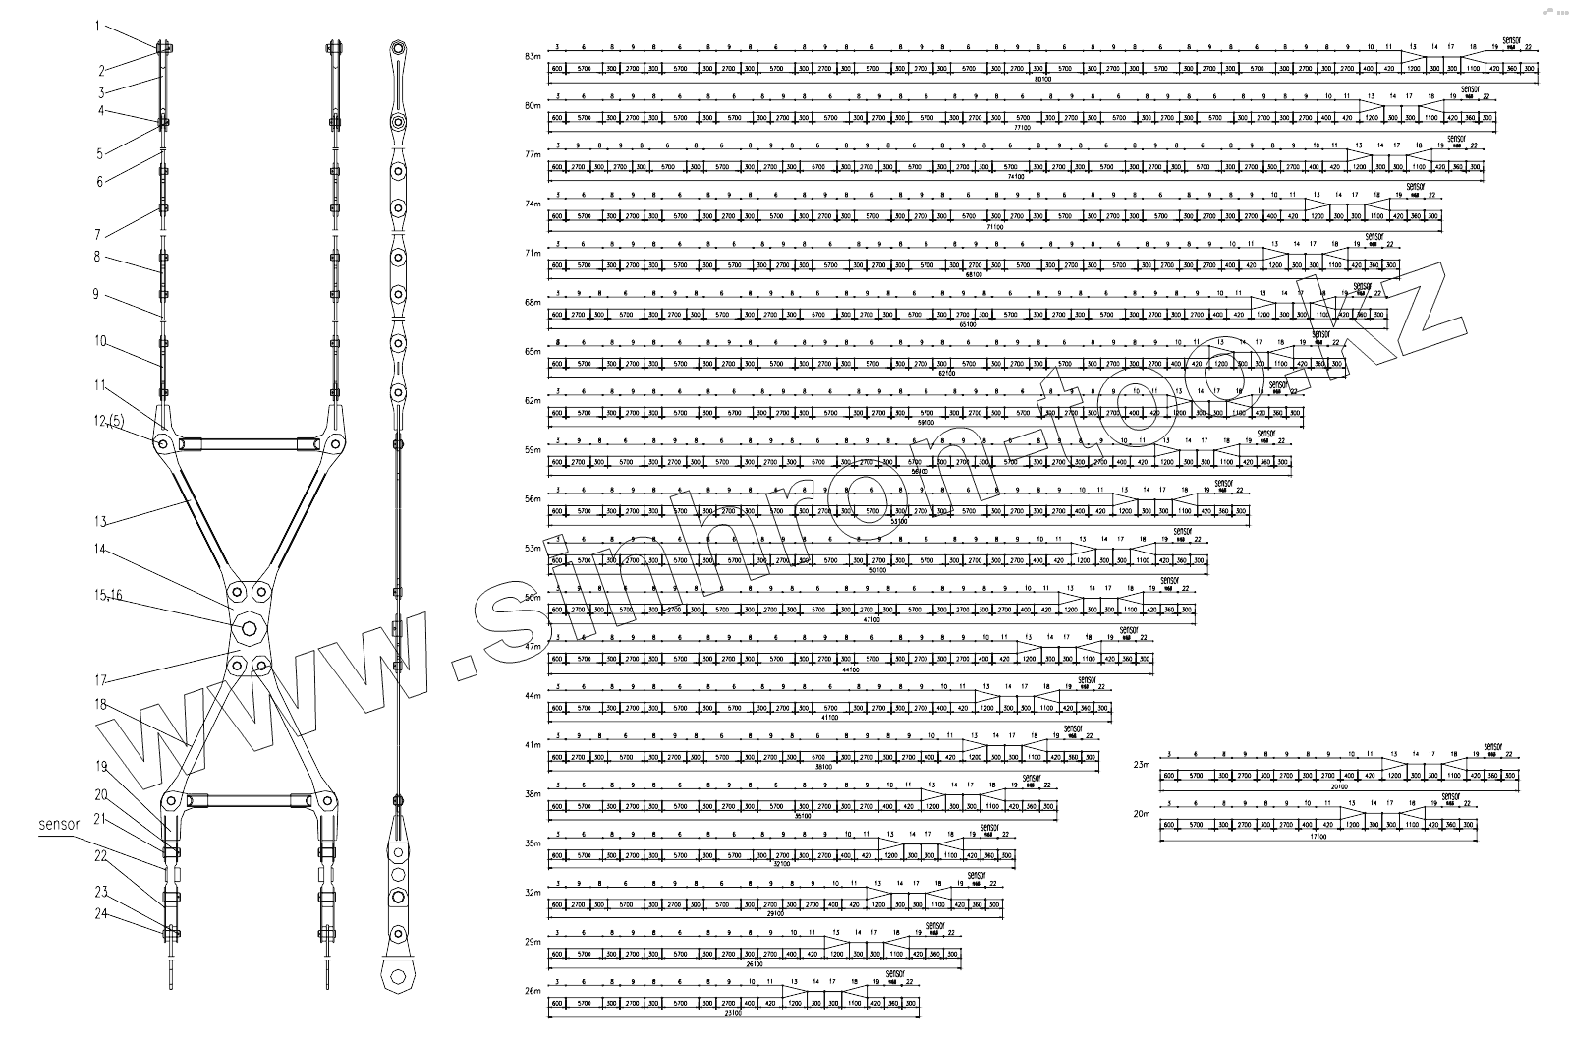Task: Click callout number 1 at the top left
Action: pos(97,27)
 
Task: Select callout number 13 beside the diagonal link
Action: pos(99,522)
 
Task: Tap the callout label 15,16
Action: pos(108,596)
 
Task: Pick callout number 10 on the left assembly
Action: pos(100,341)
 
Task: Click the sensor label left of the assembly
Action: pos(59,826)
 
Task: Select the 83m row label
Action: pos(533,56)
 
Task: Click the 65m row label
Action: pos(533,351)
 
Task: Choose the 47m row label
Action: pos(533,647)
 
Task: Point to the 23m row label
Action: pos(1141,764)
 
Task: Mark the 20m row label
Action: pos(1141,814)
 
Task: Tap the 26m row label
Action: pos(533,991)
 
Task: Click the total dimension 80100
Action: pos(1042,79)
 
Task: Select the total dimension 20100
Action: pos(1337,786)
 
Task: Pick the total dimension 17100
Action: pos(1318,837)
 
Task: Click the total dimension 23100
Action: pos(730,1014)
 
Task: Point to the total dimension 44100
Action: pos(850,669)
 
